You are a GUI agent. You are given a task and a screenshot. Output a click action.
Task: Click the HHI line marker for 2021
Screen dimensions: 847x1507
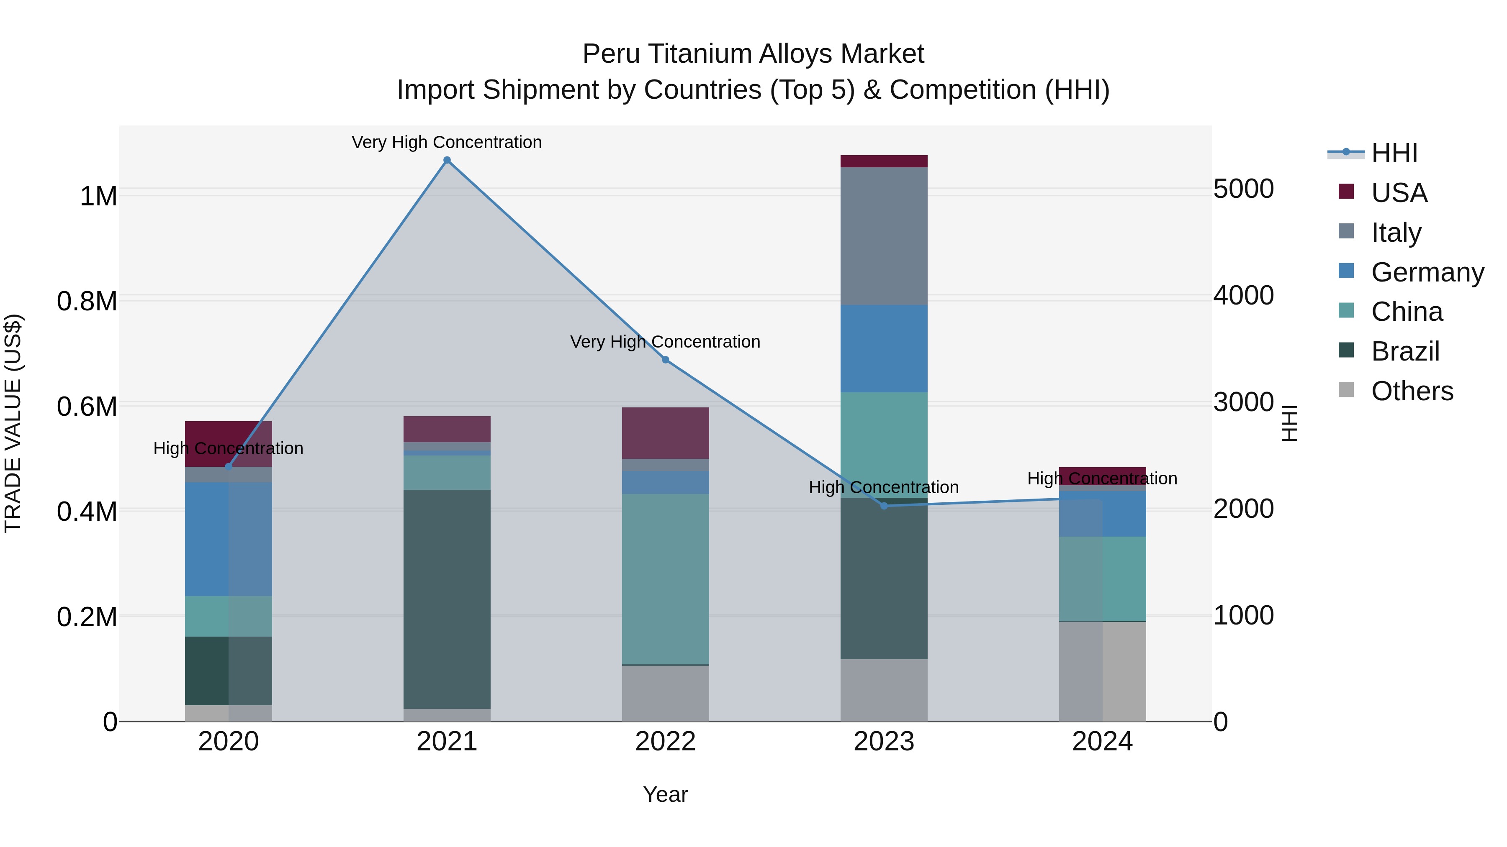(447, 160)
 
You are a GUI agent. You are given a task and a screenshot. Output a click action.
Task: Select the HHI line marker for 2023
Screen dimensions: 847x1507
(884, 506)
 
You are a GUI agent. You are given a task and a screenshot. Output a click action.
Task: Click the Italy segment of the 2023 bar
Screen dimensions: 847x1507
(884, 236)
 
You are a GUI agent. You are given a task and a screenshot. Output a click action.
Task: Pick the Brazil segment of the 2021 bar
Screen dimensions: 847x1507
(447, 599)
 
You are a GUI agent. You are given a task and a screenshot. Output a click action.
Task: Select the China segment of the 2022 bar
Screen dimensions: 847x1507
(665, 579)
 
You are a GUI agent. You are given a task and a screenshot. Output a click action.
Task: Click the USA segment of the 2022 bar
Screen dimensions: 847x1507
(665, 433)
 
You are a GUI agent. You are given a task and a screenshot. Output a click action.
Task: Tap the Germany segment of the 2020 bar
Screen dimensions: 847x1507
(228, 539)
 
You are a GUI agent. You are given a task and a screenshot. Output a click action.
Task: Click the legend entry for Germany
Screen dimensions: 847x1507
(1427, 272)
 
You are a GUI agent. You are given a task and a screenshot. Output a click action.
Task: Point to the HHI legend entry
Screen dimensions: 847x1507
(1394, 153)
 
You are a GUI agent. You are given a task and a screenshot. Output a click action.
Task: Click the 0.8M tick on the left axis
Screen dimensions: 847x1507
(87, 302)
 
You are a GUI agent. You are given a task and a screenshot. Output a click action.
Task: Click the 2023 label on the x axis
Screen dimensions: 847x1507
(884, 742)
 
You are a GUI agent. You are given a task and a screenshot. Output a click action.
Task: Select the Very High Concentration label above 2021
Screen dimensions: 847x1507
(447, 142)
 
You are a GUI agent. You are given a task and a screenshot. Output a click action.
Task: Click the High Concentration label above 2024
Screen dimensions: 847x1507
(1102, 478)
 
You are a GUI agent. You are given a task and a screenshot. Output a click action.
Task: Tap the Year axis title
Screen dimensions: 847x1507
(665, 794)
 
